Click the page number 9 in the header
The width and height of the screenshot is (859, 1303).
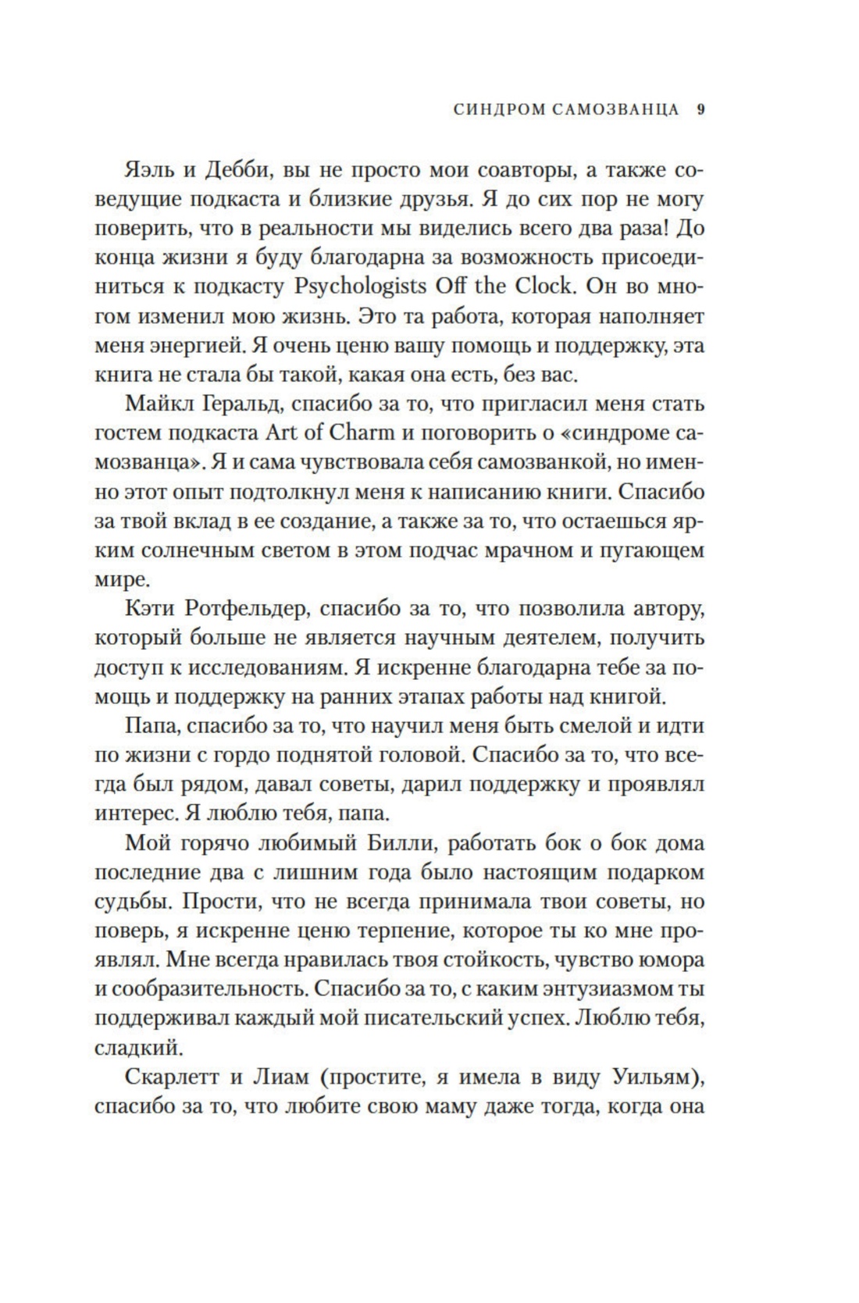700,110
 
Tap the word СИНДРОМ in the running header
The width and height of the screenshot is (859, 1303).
496,110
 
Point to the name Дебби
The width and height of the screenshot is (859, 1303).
237,169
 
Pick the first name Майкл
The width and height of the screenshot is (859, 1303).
156,404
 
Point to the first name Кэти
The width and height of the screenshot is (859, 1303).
148,609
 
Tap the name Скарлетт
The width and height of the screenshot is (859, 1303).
169,1077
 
